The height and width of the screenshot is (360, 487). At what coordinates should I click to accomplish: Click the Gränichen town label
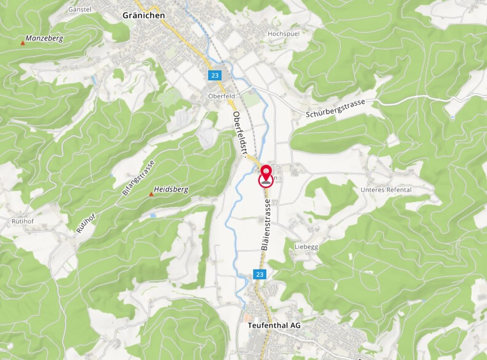[x=144, y=15]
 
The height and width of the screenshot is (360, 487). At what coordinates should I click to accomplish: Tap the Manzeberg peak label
[x=44, y=38]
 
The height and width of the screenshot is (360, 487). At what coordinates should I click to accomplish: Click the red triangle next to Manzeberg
[x=22, y=44]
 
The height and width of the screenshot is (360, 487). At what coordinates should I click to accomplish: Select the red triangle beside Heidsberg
[x=151, y=194]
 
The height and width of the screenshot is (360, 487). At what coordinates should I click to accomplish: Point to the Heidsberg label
[x=171, y=189]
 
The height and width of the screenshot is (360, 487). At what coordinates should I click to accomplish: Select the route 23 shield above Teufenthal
[x=259, y=274]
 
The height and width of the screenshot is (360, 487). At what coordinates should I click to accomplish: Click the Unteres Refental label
[x=386, y=190]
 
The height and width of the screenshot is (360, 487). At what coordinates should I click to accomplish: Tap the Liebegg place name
[x=306, y=247]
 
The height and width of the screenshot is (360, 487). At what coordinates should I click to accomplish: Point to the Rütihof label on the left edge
[x=23, y=221]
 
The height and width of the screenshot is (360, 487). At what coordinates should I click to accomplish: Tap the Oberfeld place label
[x=222, y=96]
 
